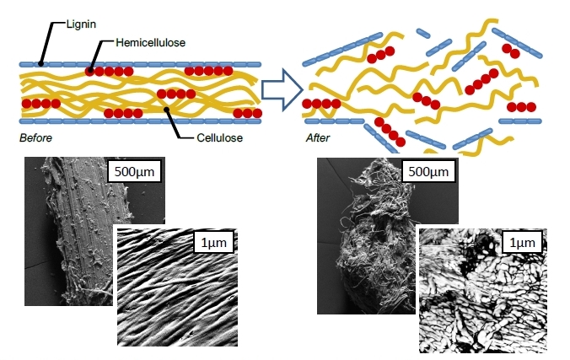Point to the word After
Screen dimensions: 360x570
[317, 136]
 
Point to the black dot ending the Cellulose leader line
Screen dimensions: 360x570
[167, 108]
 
